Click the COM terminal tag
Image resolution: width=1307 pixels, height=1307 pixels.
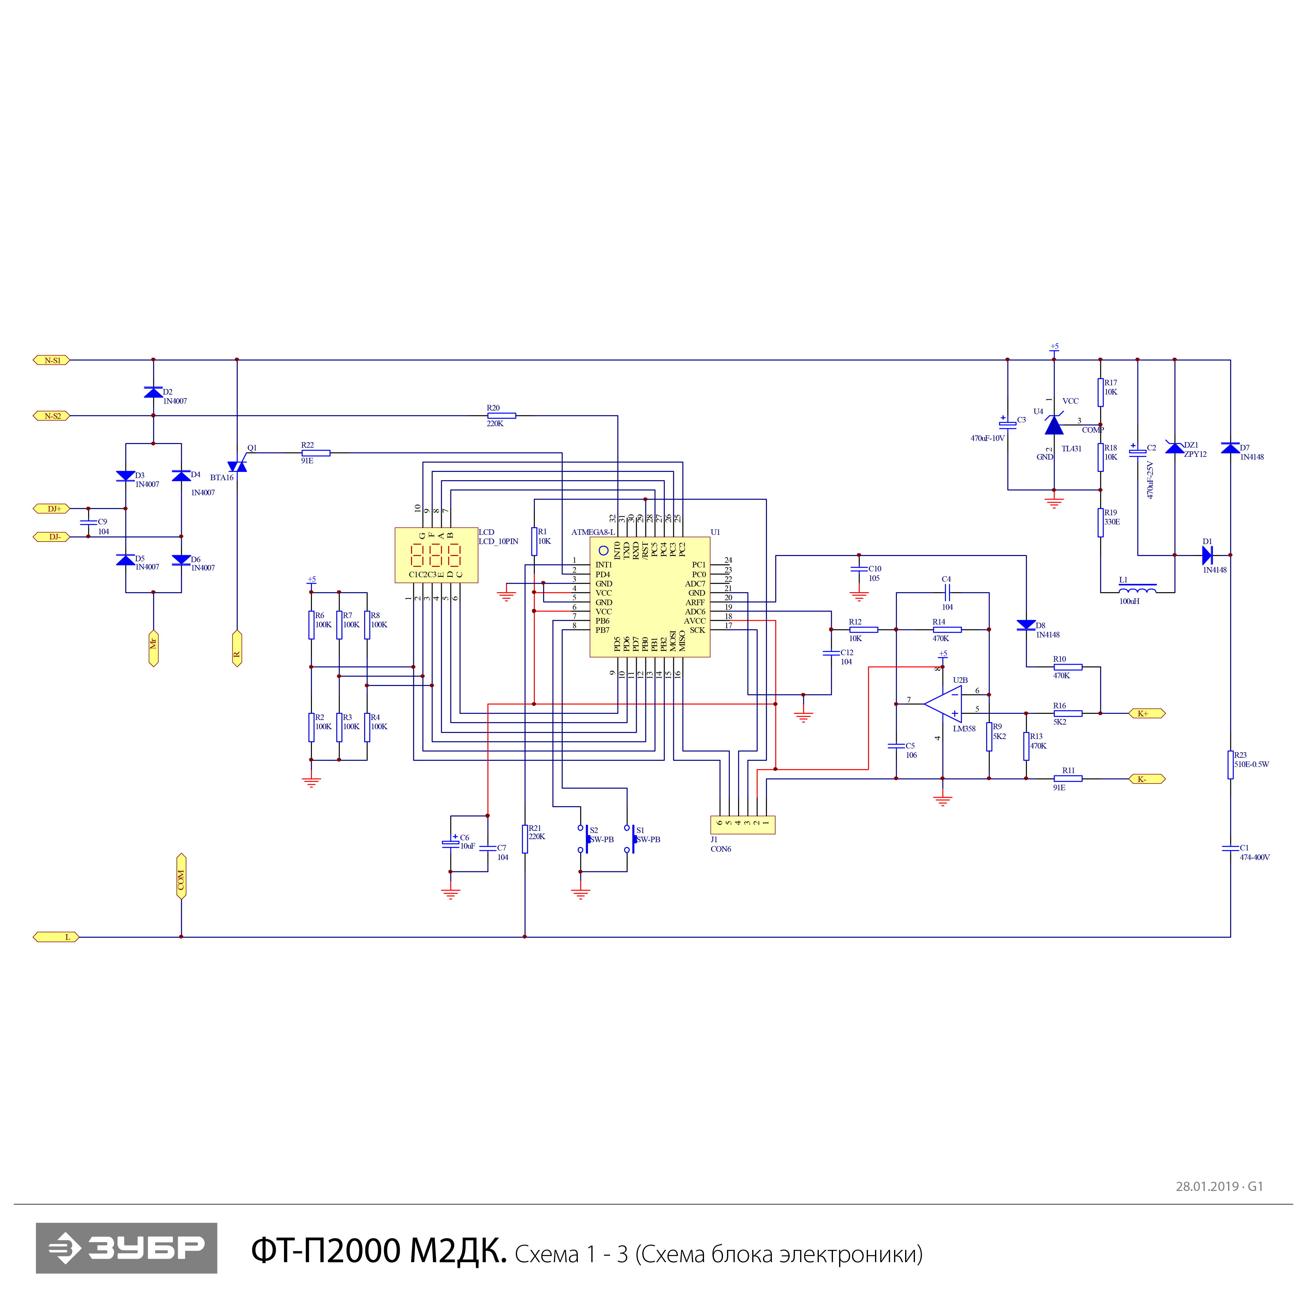181,876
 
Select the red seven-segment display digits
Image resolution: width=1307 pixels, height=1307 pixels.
436,555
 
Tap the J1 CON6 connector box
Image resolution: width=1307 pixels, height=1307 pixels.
742,825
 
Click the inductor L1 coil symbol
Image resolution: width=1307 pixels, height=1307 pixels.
1137,589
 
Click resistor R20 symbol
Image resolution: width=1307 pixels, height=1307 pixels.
501,415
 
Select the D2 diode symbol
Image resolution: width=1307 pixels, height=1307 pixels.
154,392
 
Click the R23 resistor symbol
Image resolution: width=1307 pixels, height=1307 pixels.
1231,764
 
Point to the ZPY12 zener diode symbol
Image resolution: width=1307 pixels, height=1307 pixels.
1174,448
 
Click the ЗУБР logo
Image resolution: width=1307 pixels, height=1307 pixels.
126,1247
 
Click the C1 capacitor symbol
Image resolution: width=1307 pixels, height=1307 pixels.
1231,848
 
